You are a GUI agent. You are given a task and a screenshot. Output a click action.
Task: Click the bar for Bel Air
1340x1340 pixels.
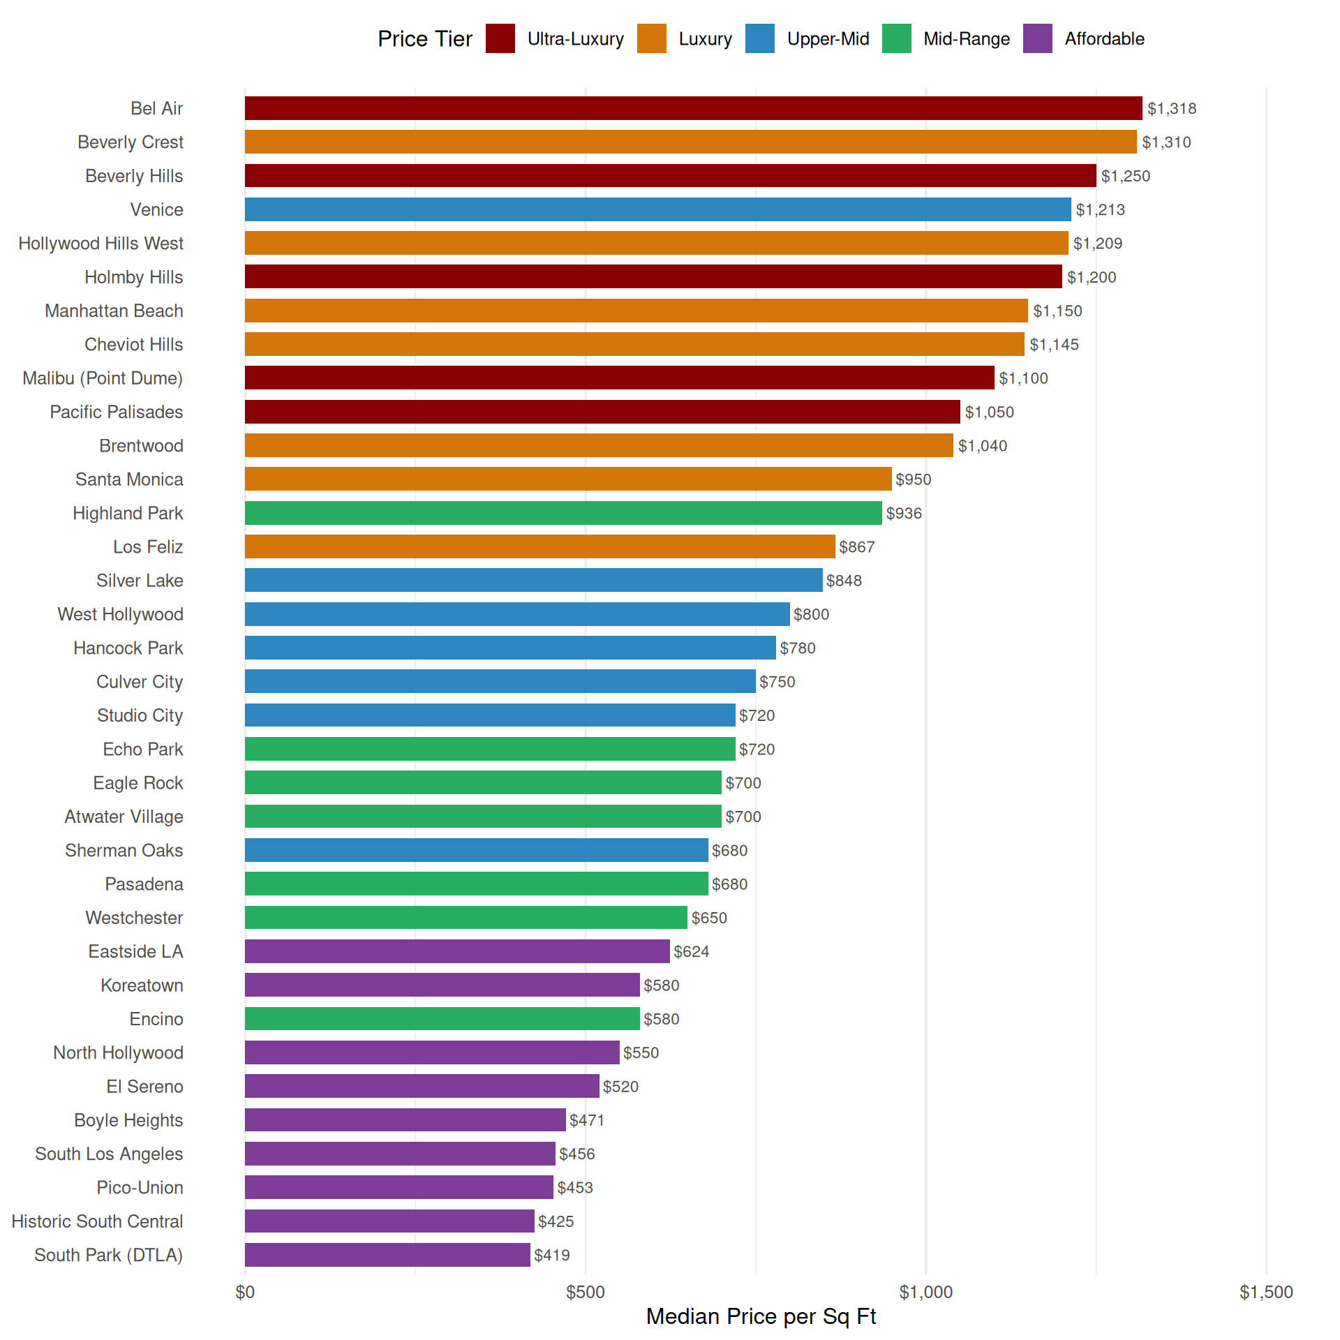click(x=693, y=108)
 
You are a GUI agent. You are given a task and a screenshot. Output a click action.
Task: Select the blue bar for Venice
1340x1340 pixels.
click(x=657, y=209)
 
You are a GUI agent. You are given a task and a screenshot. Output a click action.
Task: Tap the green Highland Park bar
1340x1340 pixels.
click(x=563, y=513)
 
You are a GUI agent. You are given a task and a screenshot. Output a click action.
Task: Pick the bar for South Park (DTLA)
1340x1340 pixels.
click(x=387, y=1255)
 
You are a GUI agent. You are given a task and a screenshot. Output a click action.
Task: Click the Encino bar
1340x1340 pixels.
click(x=442, y=1019)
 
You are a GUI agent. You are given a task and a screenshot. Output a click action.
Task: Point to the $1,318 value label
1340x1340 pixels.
click(x=1172, y=109)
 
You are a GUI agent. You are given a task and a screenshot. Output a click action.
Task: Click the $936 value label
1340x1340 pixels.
click(x=904, y=514)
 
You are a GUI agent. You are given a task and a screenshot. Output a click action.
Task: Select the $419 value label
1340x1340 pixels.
click(x=552, y=1256)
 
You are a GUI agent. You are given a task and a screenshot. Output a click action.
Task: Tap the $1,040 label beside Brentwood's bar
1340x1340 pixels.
click(x=982, y=446)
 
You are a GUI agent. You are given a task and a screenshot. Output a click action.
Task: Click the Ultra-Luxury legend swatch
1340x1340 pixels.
click(x=500, y=38)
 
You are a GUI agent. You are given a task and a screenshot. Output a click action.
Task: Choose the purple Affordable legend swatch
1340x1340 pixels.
click(x=1037, y=38)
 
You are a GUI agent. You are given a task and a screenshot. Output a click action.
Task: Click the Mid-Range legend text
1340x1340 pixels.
click(x=967, y=39)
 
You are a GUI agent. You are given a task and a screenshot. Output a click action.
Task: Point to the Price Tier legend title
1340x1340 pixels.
click(x=424, y=39)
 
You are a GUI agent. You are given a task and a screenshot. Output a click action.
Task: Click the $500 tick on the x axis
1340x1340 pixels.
click(x=586, y=1293)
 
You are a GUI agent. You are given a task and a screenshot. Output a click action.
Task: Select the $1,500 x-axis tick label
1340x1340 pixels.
click(x=1266, y=1293)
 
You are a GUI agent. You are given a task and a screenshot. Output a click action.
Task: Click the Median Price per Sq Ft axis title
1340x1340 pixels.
click(x=761, y=1316)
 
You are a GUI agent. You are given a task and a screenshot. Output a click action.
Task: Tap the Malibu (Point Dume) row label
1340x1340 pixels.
click(x=103, y=378)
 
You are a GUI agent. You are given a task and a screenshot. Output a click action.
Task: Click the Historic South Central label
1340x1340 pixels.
click(x=97, y=1221)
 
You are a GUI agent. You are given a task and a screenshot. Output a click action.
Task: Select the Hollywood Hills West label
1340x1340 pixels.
click(x=101, y=244)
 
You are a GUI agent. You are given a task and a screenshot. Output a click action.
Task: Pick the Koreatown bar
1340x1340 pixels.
click(x=442, y=985)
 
